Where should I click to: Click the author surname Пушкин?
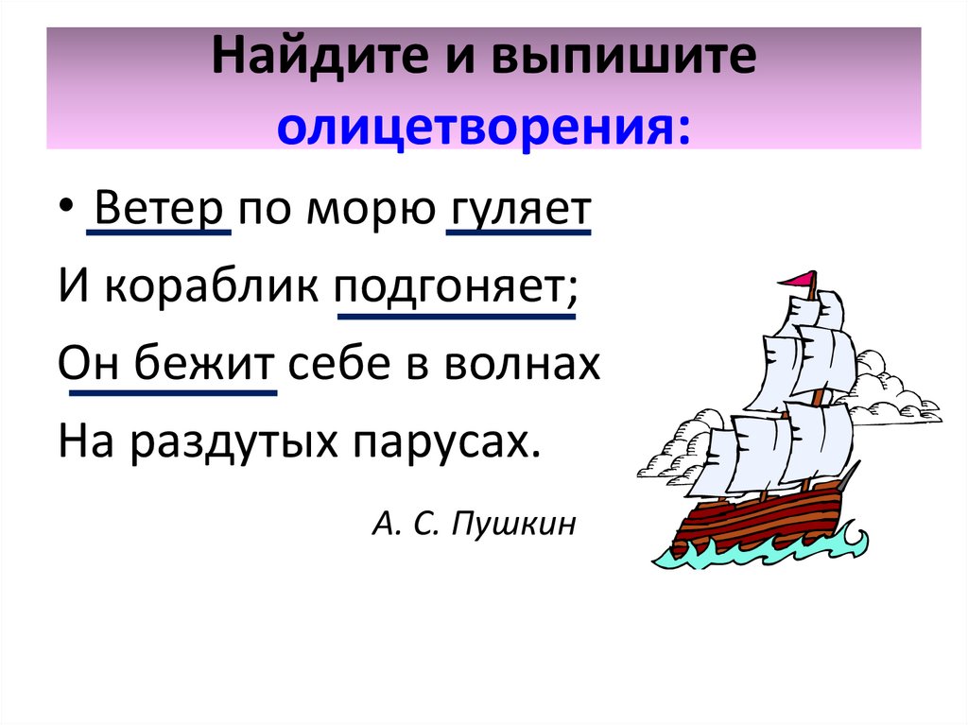pyautogui.click(x=513, y=522)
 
